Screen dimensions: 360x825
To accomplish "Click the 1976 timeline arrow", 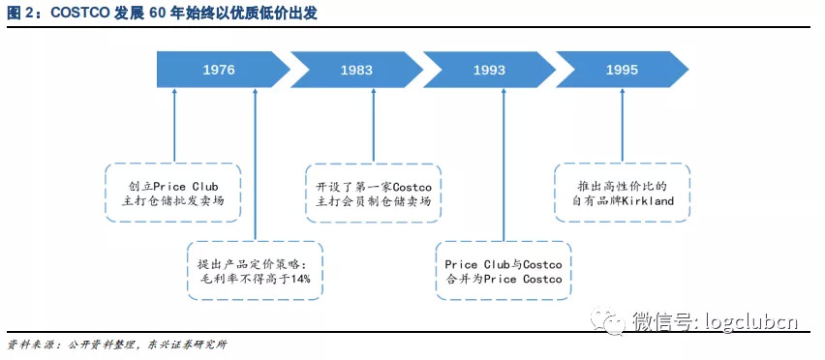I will [221, 71].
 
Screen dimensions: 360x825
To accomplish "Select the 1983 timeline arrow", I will [356, 71].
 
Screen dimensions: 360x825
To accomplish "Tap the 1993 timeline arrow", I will [489, 71].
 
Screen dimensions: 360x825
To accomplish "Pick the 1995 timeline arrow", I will [621, 71].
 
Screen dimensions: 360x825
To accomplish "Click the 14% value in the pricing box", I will [299, 279].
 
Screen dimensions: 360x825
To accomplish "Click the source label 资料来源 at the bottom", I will [27, 345].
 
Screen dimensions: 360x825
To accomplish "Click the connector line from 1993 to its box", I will [503, 165].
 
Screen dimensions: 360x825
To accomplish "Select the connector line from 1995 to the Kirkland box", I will [622, 126].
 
